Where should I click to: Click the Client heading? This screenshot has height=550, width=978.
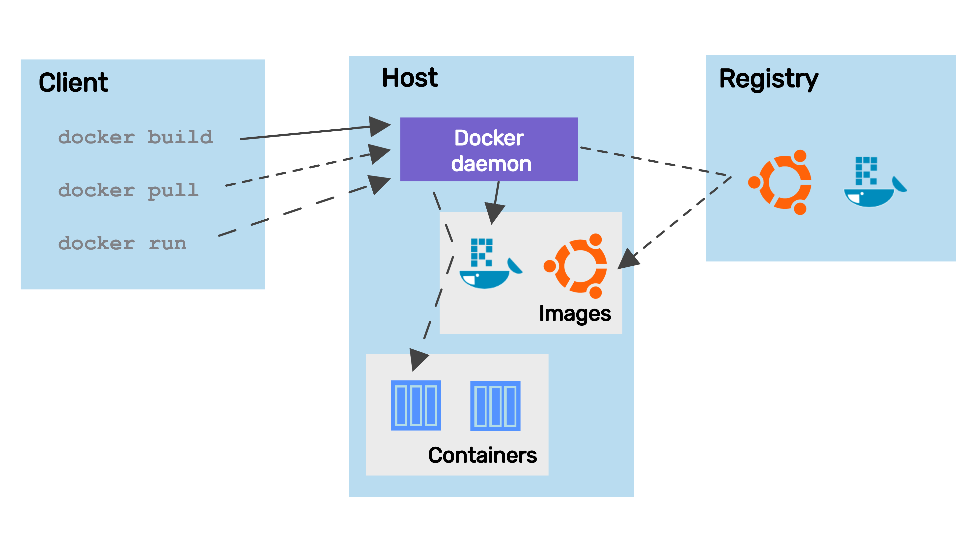[73, 83]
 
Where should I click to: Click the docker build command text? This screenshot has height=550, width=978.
[136, 137]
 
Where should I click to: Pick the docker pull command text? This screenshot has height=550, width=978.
[128, 190]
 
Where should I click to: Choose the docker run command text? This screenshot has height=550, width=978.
[122, 243]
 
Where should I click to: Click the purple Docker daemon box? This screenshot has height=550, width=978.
[489, 149]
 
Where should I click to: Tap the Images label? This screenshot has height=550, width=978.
[575, 314]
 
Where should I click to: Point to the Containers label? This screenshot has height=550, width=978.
[482, 455]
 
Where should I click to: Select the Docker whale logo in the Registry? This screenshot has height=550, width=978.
[873, 182]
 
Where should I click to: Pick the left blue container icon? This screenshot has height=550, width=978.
[416, 405]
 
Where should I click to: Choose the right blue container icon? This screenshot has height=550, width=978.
[495, 406]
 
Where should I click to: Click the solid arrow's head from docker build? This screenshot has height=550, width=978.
[379, 126]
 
